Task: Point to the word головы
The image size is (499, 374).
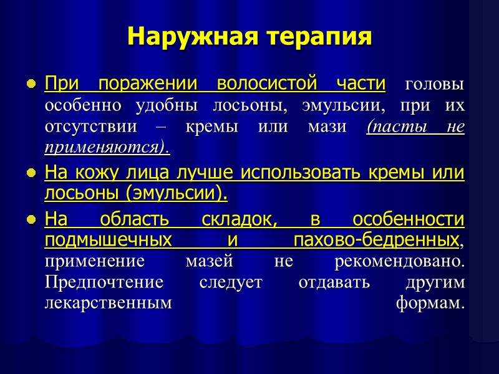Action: pos(435,83)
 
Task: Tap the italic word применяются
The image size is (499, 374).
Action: pos(106,148)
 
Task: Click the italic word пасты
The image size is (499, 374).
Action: pos(399,127)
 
